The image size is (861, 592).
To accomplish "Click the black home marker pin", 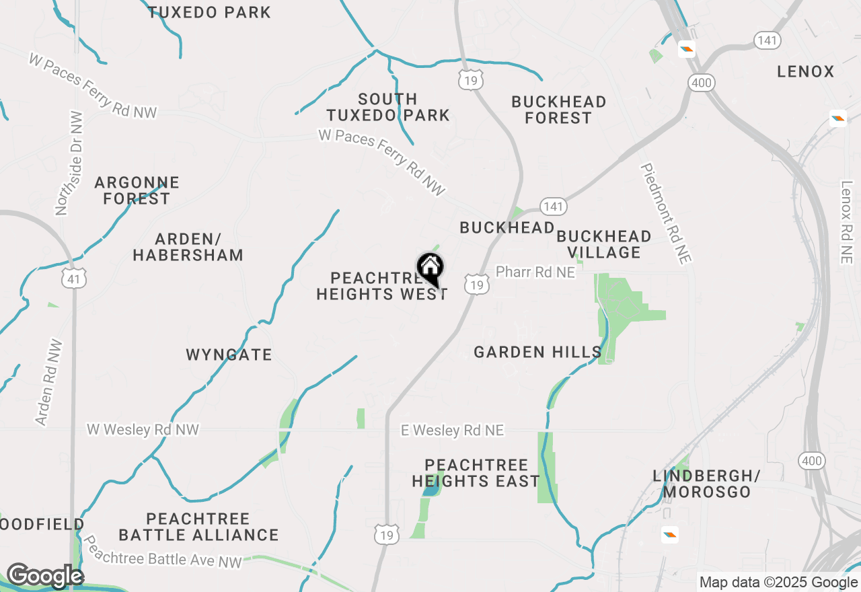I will click(x=430, y=269).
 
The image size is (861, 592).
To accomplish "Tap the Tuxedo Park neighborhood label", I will click(x=209, y=12).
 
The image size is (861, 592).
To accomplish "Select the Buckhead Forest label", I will click(x=558, y=110).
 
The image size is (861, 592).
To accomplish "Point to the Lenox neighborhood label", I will click(x=805, y=71).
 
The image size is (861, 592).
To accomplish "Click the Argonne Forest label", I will click(x=137, y=190).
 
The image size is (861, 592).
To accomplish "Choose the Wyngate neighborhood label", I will click(x=229, y=355).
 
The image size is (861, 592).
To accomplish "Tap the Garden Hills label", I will click(x=537, y=352).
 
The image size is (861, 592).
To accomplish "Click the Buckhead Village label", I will click(x=603, y=244).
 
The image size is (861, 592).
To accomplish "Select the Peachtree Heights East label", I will click(x=476, y=473).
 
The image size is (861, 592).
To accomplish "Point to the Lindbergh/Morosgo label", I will click(x=706, y=484).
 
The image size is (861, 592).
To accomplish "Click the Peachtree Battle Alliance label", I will click(x=198, y=527).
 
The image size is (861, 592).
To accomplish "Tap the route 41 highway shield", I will click(x=72, y=278).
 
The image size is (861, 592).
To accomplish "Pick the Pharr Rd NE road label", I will click(x=535, y=272).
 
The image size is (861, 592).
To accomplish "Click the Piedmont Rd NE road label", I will click(x=666, y=213).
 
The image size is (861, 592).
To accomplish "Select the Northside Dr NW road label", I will click(x=70, y=163).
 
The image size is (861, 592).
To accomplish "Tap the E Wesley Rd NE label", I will click(x=452, y=430).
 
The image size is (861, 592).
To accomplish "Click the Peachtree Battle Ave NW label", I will click(x=161, y=551).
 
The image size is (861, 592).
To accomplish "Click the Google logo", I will click(x=45, y=577).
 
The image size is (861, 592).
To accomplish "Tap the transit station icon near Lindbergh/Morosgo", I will click(x=669, y=535).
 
